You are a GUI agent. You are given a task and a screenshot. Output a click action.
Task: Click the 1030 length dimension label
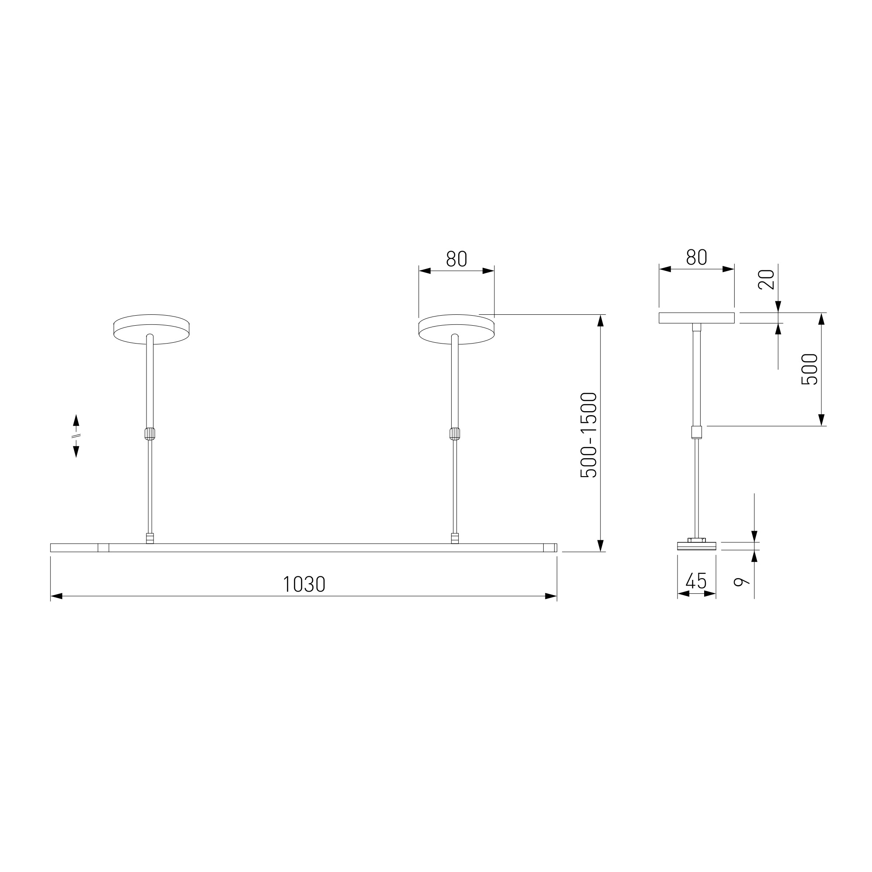coord(304,585)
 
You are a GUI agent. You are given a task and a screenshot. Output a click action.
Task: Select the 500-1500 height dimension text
coord(589,435)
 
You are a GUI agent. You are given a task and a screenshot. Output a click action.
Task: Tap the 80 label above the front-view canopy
coord(456,259)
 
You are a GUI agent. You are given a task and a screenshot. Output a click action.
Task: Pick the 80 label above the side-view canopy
coord(696,257)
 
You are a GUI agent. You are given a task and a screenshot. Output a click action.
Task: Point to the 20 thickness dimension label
coord(766,279)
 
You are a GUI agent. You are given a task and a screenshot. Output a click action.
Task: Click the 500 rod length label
coord(810,369)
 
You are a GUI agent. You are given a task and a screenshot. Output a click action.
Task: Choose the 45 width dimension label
coord(696,581)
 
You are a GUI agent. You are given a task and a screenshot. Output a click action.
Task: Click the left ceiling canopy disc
coord(151,329)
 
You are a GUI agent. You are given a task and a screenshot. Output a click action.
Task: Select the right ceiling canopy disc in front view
coord(456,329)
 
